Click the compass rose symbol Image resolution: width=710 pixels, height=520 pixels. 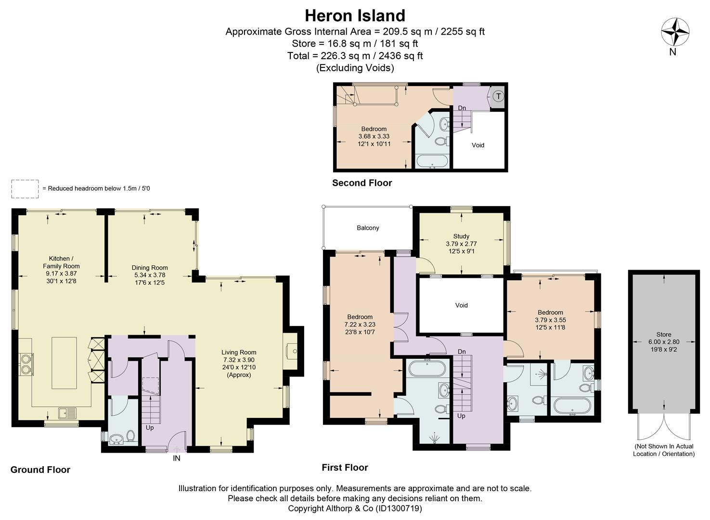[675, 32]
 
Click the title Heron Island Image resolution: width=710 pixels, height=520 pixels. [355, 15]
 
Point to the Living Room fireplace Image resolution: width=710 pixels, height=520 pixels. [291, 351]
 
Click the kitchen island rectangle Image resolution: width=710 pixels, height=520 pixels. [65, 363]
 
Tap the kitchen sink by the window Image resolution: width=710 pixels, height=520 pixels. [67, 413]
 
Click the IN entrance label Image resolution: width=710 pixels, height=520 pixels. [177, 458]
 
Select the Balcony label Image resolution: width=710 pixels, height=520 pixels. [368, 228]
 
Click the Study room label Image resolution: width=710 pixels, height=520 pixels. [461, 236]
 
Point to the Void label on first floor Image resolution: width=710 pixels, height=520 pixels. [461, 305]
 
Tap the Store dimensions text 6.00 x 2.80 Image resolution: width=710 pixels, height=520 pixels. [664, 342]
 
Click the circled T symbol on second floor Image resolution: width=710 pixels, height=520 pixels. [498, 96]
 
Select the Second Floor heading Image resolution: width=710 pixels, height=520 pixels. [362, 183]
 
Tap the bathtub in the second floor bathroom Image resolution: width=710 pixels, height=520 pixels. [432, 161]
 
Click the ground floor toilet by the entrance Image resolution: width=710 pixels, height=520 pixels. [130, 436]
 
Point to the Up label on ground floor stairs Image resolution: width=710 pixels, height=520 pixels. [150, 428]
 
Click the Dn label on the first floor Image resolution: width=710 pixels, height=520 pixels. [462, 351]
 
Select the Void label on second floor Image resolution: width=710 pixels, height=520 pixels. [478, 145]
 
